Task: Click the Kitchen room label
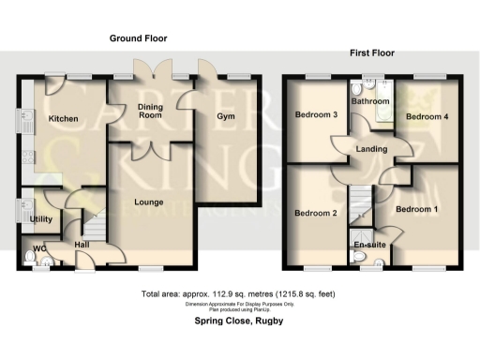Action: point(63,119)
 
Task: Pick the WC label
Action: point(37,248)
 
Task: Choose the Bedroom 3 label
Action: point(316,115)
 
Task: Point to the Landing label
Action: point(372,147)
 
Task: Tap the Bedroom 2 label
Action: point(316,213)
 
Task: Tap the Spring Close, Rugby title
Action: point(239,322)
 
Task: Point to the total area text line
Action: point(239,294)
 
